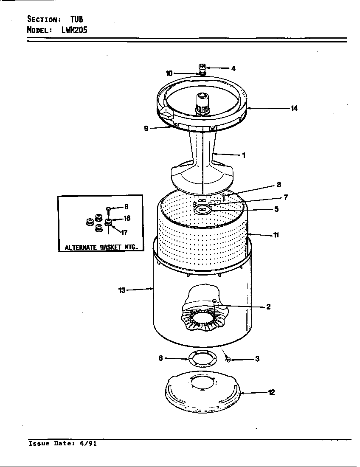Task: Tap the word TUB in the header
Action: point(76,19)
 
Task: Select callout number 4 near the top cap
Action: point(233,68)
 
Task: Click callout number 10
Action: point(169,73)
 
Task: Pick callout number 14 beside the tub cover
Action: point(294,108)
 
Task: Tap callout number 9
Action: point(146,128)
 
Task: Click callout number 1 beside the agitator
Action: point(243,155)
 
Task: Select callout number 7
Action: point(286,197)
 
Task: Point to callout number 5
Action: point(276,209)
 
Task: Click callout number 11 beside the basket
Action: point(276,235)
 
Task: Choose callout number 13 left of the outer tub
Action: point(122,290)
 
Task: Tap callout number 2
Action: point(268,307)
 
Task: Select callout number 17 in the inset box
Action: point(124,233)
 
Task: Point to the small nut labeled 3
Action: point(228,360)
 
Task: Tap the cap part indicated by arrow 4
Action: point(202,68)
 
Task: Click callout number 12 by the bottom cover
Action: point(271,392)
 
